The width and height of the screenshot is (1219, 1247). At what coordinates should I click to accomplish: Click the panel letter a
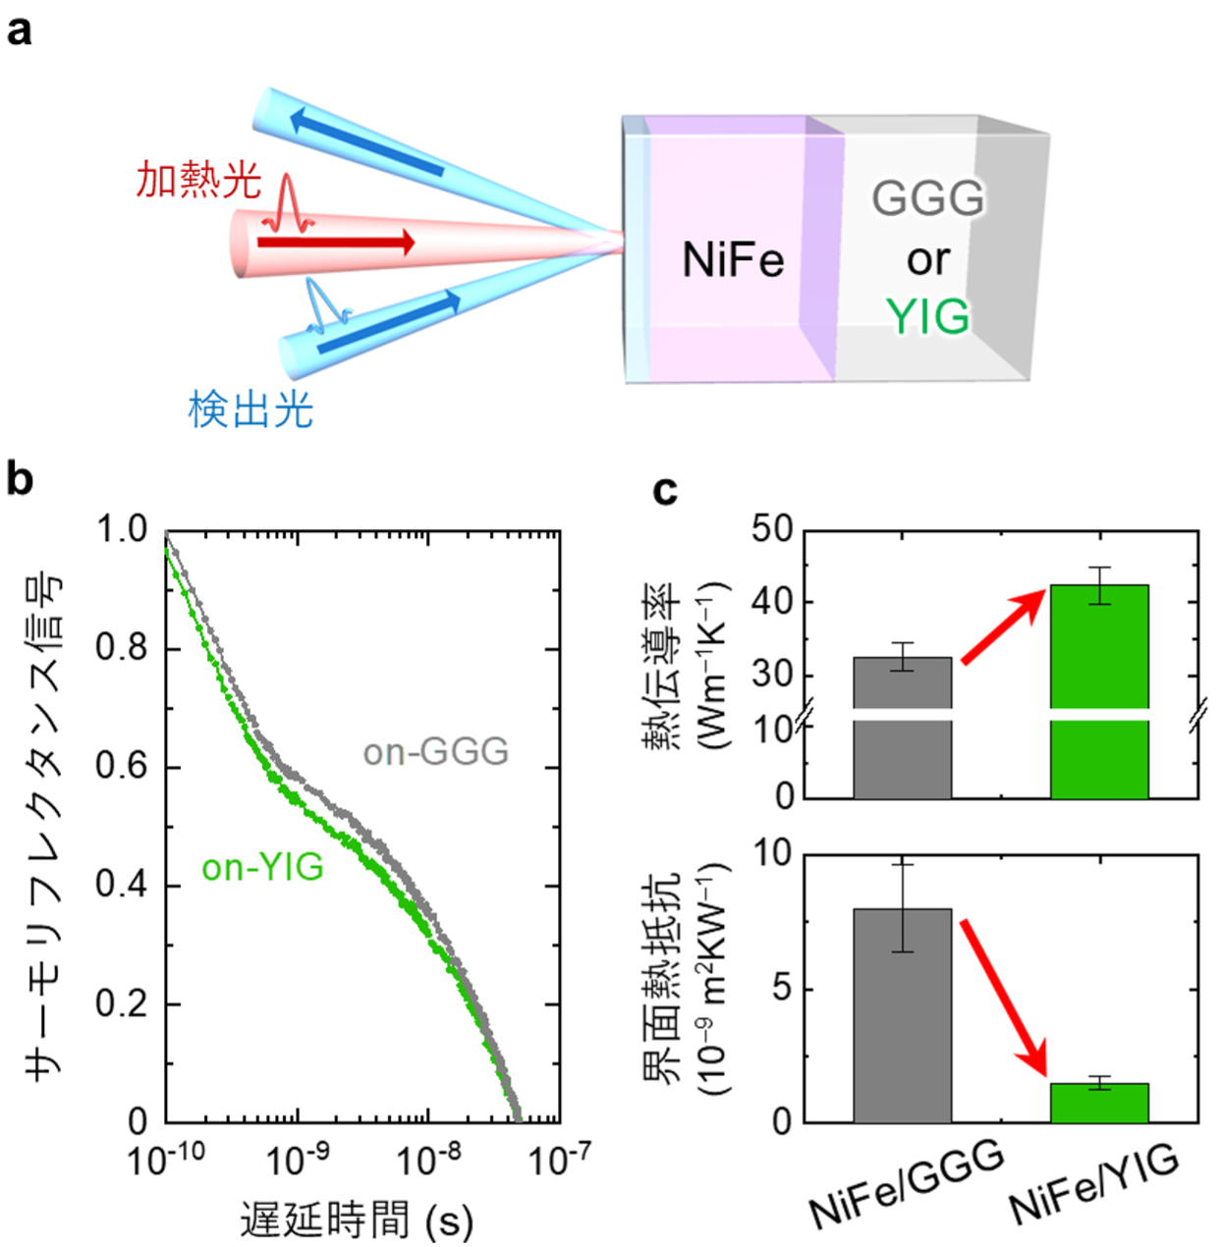pyautogui.click(x=19, y=30)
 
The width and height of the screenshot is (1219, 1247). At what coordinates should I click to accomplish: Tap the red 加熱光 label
pyautogui.click(x=198, y=181)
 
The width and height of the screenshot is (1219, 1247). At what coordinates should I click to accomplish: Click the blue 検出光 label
pyautogui.click(x=250, y=408)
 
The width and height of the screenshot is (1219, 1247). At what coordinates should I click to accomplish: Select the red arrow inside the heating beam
pyautogui.click(x=335, y=242)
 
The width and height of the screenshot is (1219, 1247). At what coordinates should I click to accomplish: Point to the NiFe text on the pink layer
pyautogui.click(x=733, y=261)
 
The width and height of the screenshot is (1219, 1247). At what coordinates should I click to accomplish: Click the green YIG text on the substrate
pyautogui.click(x=927, y=317)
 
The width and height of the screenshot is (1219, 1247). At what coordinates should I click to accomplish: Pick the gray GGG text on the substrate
pyautogui.click(x=927, y=198)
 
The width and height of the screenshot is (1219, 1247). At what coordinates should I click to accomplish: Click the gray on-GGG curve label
pyautogui.click(x=436, y=752)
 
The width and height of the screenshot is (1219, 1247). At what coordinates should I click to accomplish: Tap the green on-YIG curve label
pyautogui.click(x=262, y=868)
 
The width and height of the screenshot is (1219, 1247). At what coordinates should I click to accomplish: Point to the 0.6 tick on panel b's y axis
pyautogui.click(x=121, y=767)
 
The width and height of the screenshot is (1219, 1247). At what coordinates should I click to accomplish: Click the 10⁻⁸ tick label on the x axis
pyautogui.click(x=428, y=1160)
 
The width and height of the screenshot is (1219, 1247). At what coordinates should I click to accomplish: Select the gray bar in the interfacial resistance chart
pyautogui.click(x=902, y=1015)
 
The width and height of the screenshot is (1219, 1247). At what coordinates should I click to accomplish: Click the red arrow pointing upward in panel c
pyautogui.click(x=1002, y=626)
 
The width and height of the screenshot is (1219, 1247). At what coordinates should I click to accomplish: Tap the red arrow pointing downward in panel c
pyautogui.click(x=1003, y=996)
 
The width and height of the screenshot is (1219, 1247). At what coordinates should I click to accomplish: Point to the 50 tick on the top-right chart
pyautogui.click(x=772, y=529)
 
